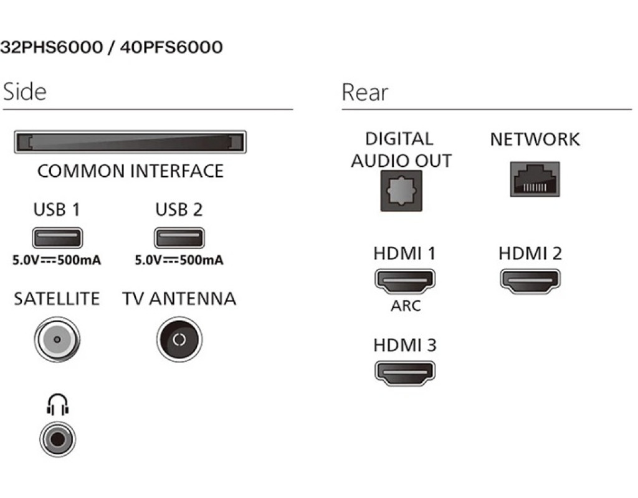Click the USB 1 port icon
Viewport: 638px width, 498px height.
(x=57, y=238)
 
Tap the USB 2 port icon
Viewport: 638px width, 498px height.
(x=179, y=238)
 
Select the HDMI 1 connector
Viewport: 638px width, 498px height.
(x=405, y=281)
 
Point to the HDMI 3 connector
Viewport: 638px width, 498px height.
(x=405, y=373)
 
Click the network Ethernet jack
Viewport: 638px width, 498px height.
(x=535, y=179)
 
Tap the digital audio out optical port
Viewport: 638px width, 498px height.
(x=401, y=190)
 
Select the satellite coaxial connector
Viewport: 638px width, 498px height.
(x=57, y=340)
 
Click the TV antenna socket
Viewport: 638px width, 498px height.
(x=179, y=340)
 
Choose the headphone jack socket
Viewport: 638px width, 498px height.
(x=57, y=439)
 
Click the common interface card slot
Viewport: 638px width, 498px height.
(x=130, y=142)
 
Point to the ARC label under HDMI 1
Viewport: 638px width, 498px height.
(x=406, y=306)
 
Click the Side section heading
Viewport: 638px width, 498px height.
(x=25, y=92)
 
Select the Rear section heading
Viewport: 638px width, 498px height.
(x=365, y=93)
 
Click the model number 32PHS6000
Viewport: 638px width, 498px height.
(x=51, y=48)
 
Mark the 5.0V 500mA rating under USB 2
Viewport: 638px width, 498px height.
(x=179, y=260)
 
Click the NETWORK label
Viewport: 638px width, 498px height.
(x=535, y=139)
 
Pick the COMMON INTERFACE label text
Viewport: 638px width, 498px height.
(x=130, y=171)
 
